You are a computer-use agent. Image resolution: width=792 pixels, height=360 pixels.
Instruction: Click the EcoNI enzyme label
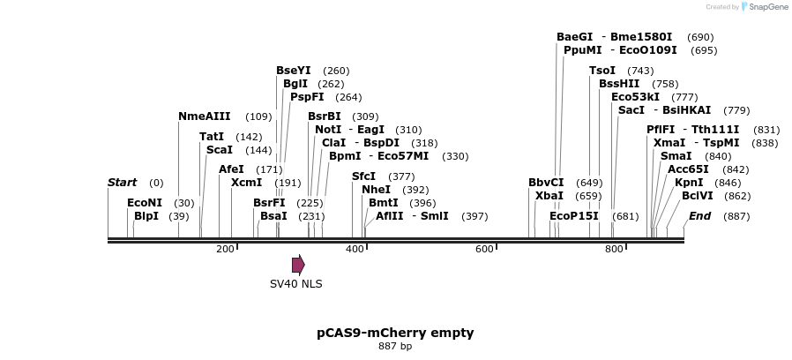(x=145, y=203)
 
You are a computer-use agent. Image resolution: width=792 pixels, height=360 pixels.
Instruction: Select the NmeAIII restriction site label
(x=205, y=116)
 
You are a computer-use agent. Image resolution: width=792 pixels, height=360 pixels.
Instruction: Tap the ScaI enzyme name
(x=219, y=150)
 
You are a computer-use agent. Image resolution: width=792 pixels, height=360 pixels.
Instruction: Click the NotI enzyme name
(x=328, y=130)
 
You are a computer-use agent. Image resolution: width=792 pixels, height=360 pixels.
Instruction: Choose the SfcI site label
(x=363, y=176)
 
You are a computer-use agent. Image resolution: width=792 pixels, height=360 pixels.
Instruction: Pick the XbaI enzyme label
(x=549, y=196)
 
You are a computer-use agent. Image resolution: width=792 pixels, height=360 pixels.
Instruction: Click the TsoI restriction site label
(x=602, y=71)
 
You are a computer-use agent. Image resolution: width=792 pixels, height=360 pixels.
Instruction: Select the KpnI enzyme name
(x=689, y=183)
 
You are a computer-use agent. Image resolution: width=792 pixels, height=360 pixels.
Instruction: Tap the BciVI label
(x=697, y=196)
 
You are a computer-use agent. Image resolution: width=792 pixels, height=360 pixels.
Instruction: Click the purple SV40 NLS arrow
(x=298, y=264)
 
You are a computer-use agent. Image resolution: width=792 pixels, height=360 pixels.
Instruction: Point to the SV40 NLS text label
(x=296, y=284)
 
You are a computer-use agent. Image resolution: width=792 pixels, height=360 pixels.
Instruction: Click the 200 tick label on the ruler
(x=225, y=250)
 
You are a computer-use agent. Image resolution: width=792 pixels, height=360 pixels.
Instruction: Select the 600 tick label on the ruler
(x=484, y=250)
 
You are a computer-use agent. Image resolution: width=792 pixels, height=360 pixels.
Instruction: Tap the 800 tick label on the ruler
(x=614, y=250)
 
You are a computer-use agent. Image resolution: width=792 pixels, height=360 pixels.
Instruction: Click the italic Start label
(x=122, y=183)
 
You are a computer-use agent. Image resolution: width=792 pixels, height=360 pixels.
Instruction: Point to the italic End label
(x=699, y=216)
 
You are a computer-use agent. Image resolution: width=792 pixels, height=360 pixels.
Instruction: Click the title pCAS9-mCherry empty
(x=395, y=333)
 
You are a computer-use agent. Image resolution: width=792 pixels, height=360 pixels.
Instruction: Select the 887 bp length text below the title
(x=395, y=346)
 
